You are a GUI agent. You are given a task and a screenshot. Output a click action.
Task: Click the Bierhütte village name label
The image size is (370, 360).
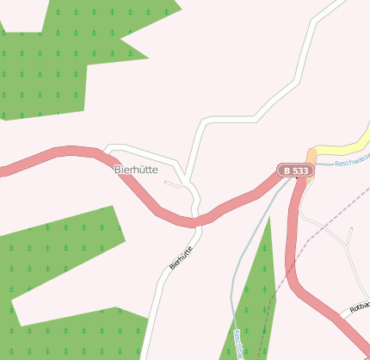136,171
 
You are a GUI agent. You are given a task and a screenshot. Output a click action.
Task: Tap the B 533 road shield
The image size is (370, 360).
295,171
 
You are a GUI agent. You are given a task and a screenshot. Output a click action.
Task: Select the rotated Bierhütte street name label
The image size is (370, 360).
181,257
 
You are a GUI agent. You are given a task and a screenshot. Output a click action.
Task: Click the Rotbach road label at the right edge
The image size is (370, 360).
360,307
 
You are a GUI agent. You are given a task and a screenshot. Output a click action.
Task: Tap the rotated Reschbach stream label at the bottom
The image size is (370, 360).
238,344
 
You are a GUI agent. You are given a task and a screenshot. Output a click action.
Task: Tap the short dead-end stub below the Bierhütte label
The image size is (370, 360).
174,183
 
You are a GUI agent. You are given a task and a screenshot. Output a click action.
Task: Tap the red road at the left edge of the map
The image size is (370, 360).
7,168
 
